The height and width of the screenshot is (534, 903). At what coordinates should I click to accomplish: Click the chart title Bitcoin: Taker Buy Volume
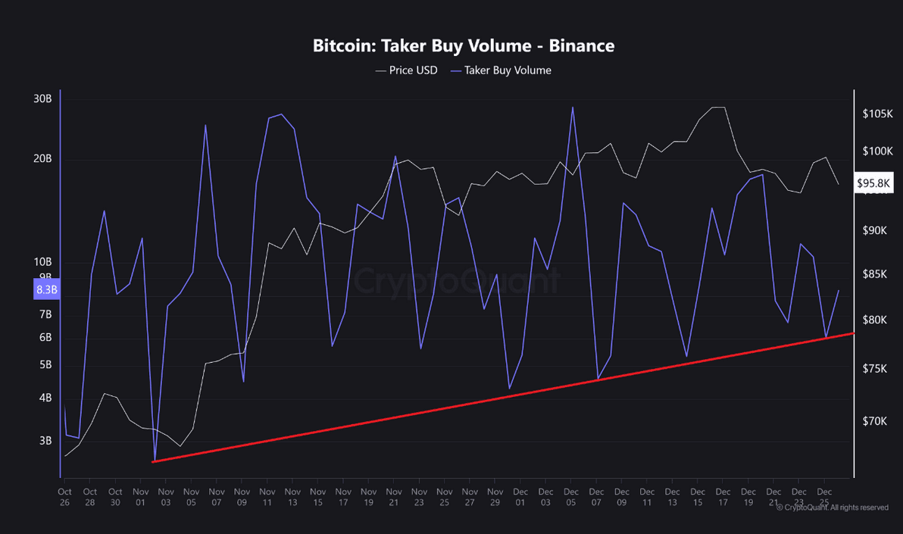[463, 45]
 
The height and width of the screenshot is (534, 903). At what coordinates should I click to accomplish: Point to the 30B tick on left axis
[42, 98]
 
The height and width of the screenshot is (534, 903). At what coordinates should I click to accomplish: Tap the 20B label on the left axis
[42, 158]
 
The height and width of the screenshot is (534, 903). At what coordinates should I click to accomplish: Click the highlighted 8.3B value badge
[46, 289]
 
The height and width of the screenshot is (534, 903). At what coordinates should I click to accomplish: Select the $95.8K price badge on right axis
[874, 183]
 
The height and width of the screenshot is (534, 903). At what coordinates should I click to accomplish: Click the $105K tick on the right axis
[878, 114]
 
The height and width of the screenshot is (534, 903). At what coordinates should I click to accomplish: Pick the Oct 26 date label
[64, 496]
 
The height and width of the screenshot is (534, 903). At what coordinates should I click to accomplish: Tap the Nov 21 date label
[393, 496]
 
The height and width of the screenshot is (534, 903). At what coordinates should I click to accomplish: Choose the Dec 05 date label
[570, 496]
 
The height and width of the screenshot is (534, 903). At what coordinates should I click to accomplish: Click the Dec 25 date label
[823, 496]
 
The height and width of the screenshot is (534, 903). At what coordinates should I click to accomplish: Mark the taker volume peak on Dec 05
[572, 107]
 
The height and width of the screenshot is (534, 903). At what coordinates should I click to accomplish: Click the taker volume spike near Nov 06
[205, 125]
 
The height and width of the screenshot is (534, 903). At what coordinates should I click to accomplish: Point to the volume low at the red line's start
[155, 461]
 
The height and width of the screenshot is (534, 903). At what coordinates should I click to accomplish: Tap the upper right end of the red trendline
[853, 333]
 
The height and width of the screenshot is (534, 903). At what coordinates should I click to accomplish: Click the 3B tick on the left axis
[45, 440]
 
